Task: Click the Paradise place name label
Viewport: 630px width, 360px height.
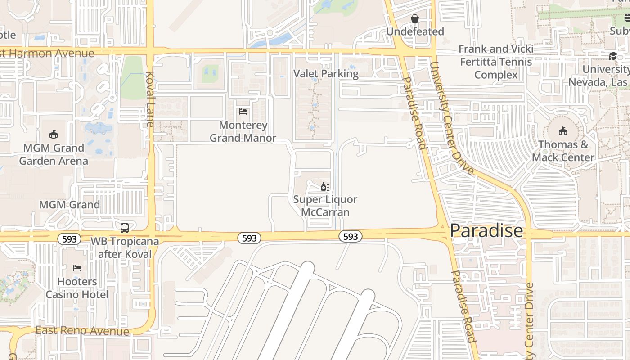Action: pos(486,231)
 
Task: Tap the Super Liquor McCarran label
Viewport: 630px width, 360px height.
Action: pos(325,206)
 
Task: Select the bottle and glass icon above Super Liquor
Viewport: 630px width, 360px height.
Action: pos(325,187)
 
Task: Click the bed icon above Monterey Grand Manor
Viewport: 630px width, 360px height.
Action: pos(243,112)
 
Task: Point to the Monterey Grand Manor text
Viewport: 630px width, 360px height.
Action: pos(243,131)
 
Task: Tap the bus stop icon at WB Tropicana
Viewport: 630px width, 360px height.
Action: pos(125,228)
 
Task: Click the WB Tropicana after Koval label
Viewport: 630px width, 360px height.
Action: pos(125,247)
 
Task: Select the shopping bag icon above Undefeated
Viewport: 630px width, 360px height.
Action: pos(415,18)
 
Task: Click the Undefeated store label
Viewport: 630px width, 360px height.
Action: pos(415,31)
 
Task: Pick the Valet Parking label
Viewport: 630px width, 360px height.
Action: pos(326,74)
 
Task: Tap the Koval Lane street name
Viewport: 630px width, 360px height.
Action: pos(150,99)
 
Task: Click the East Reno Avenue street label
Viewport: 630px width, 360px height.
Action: pos(82,331)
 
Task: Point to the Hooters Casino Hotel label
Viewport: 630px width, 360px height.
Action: pos(77,288)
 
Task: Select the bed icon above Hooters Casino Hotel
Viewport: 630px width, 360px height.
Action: pos(77,268)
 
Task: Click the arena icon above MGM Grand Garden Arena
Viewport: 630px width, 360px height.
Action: pos(54,134)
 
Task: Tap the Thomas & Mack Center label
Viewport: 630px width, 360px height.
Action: pos(563,151)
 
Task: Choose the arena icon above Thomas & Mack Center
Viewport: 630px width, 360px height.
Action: pos(562,131)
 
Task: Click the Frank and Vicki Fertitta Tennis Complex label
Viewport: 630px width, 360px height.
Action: pos(496,62)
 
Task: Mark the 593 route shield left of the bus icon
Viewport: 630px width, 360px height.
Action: pos(69,239)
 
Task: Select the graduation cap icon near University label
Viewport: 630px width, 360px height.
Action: pos(613,56)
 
